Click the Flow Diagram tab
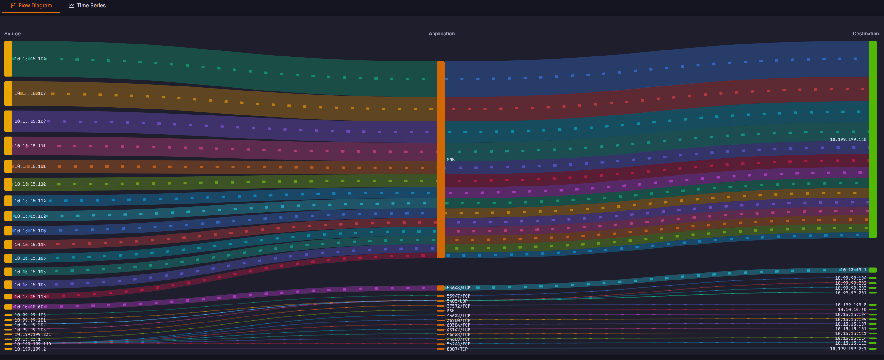[31, 5]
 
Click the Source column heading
[12, 34]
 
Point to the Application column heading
[441, 34]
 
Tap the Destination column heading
[865, 34]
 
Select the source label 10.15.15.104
[30, 59]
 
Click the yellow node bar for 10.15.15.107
[8, 93]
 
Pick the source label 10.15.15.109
[30, 121]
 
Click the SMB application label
[451, 160]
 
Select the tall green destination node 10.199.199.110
[872, 139]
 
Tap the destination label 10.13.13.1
[853, 270]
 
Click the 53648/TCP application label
[458, 287]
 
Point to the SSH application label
[451, 310]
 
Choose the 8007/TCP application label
[457, 349]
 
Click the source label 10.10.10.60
[29, 306]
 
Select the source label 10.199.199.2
[30, 349]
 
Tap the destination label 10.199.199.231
[848, 348]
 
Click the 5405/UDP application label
[457, 301]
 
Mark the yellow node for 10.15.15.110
[8, 297]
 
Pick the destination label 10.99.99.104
[850, 278]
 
